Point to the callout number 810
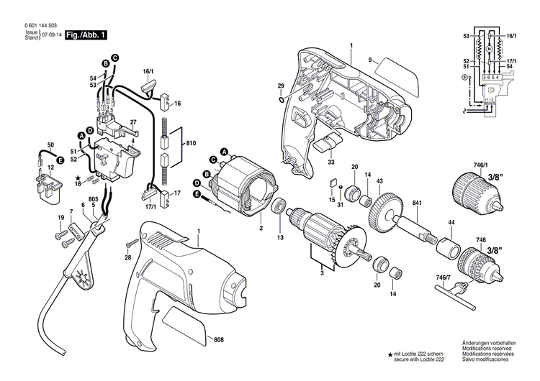click(x=190, y=144)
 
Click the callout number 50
click(x=50, y=145)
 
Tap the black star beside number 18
click(x=77, y=176)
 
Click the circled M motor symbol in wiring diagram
click(x=489, y=48)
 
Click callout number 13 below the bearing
click(x=280, y=237)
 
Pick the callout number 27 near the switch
click(x=133, y=123)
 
